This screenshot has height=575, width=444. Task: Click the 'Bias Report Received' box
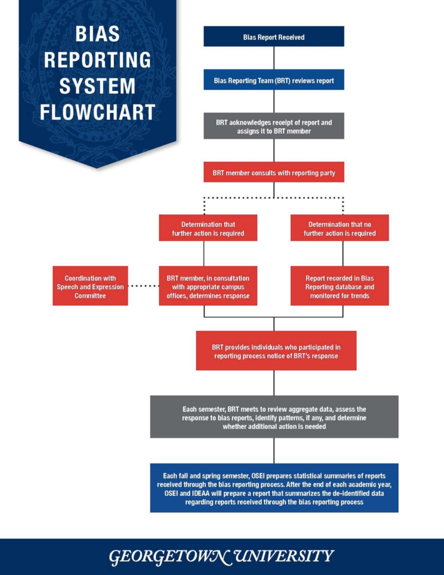coord(274,37)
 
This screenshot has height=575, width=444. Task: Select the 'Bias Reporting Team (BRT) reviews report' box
coord(274,80)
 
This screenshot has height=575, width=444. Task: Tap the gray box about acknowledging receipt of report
coord(274,126)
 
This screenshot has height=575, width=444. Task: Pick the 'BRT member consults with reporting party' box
coord(274,172)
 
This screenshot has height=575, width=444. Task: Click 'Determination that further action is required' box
coord(208,228)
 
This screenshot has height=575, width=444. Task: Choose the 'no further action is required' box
coord(339,228)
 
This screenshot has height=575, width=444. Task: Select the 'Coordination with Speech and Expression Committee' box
coord(90,286)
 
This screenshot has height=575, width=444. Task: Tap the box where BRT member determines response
coord(208,286)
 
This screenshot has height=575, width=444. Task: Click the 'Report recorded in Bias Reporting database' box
coord(339,286)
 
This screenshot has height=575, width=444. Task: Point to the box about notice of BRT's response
coord(276,351)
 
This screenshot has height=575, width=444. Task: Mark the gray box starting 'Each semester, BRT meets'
coord(274,417)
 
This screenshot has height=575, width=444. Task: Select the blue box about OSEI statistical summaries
coord(274,488)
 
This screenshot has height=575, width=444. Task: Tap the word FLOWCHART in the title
coord(98,112)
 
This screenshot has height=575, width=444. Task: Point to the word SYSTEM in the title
coord(98,86)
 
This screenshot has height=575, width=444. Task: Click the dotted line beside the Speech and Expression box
coord(143,286)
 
